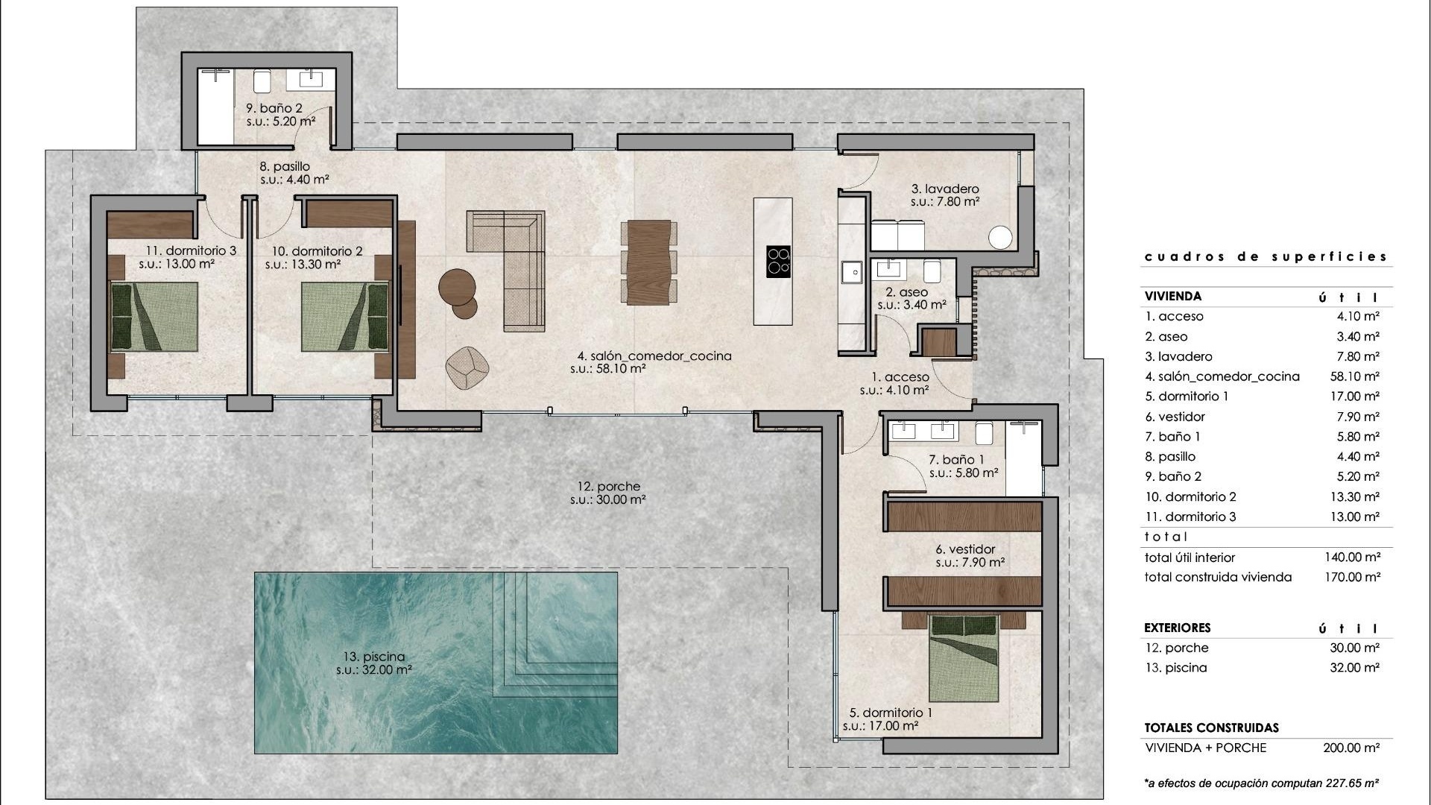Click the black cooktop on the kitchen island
pyautogui.click(x=778, y=261)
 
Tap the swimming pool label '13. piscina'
pyautogui.click(x=374, y=657)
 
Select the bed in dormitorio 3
pyautogui.click(x=155, y=316)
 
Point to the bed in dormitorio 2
pyautogui.click(x=345, y=316)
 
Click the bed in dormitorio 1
pyautogui.click(x=963, y=659)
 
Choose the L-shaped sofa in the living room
pyautogui.click(x=514, y=261)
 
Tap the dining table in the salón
pyautogui.click(x=649, y=262)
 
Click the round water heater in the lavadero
pyautogui.click(x=1000, y=238)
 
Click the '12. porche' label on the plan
pyautogui.click(x=608, y=487)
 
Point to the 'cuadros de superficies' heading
pyautogui.click(x=1266, y=256)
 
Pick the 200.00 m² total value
pyautogui.click(x=1351, y=748)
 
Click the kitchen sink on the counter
pyautogui.click(x=850, y=272)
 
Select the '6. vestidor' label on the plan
pyautogui.click(x=965, y=549)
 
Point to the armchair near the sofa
pyautogui.click(x=467, y=367)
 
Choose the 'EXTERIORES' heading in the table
pyautogui.click(x=1178, y=628)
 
